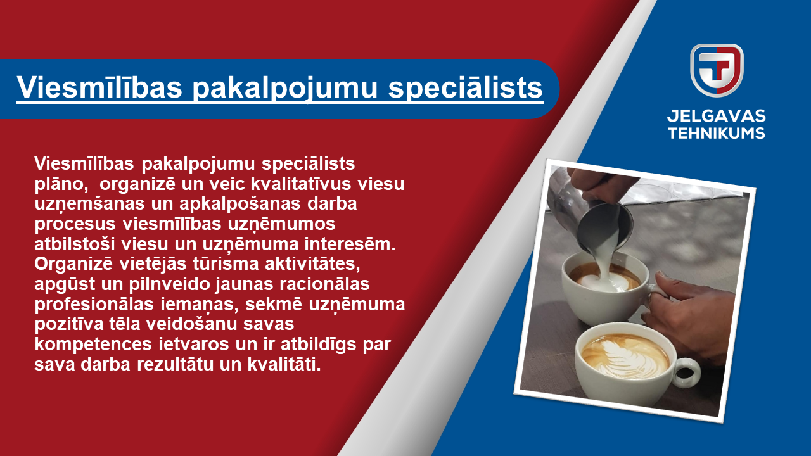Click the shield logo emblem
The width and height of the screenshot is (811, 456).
(x=717, y=70)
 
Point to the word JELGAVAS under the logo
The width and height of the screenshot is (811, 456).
(x=716, y=116)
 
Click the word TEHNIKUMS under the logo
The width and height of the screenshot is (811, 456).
(x=716, y=133)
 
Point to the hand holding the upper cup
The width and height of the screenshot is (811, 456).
(x=688, y=308)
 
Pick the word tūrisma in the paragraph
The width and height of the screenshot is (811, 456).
(x=226, y=264)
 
